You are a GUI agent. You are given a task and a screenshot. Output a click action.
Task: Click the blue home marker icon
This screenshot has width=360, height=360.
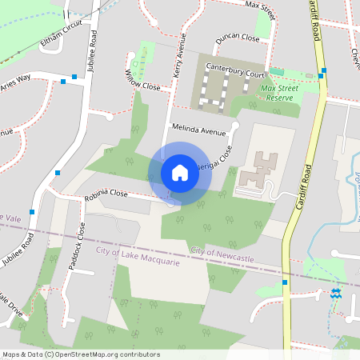(x=180, y=172)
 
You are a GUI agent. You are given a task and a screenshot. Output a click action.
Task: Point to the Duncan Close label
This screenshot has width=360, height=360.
(x=237, y=38)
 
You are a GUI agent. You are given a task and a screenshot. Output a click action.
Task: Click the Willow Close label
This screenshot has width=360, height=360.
(x=142, y=79)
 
